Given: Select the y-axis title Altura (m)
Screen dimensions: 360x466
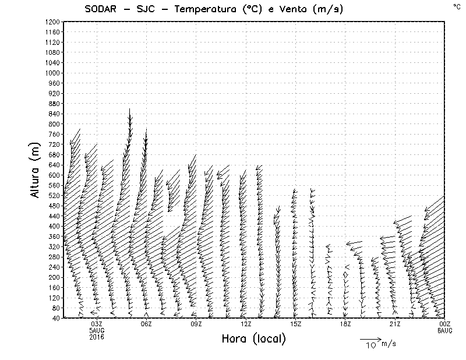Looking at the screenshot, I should tap(36, 170).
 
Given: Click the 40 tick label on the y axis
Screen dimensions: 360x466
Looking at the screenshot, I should tap(56, 318).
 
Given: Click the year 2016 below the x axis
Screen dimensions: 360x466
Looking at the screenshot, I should tap(97, 337).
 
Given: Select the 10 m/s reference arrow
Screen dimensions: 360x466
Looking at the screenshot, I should tap(370, 338).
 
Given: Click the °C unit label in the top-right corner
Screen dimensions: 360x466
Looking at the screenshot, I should tap(456, 6).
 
